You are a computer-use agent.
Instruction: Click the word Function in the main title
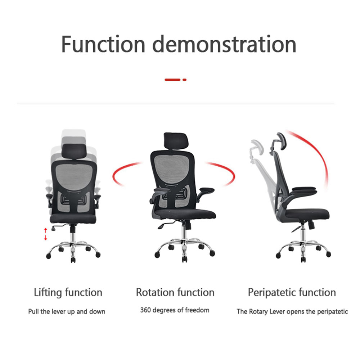pos(103,44)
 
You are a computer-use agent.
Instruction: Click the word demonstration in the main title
pos(224,44)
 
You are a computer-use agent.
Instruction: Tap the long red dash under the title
pos(172,80)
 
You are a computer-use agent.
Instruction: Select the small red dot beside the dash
pos(184,80)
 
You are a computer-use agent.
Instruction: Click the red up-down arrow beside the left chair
pos(45,234)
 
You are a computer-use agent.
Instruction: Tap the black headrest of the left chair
pos(74,151)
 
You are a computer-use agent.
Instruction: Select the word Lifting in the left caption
pos(48,292)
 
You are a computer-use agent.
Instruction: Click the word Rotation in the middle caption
pos(155,292)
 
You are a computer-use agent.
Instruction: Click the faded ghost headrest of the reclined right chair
pos(257,147)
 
